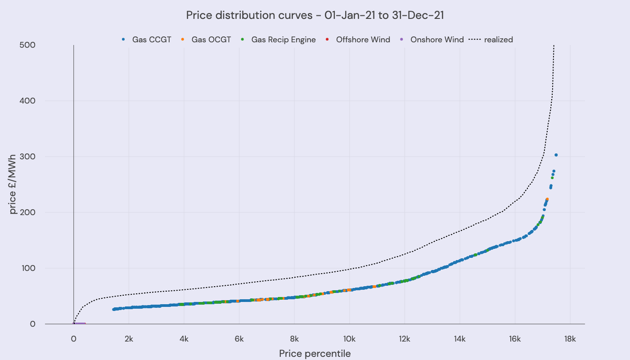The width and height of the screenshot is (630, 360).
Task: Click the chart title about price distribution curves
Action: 315,15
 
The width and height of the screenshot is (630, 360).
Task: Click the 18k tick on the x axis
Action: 570,338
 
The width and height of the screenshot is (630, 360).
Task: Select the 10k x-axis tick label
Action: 349,338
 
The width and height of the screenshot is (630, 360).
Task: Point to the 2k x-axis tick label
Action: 129,338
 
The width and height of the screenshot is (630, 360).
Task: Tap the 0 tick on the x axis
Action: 73,338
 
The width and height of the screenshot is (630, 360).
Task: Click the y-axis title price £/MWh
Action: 13,184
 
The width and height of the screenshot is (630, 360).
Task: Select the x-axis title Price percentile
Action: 315,353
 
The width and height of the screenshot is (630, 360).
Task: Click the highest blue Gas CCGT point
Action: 556,155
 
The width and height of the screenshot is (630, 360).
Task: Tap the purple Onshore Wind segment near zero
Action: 80,324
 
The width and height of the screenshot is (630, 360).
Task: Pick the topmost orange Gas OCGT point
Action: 547,199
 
